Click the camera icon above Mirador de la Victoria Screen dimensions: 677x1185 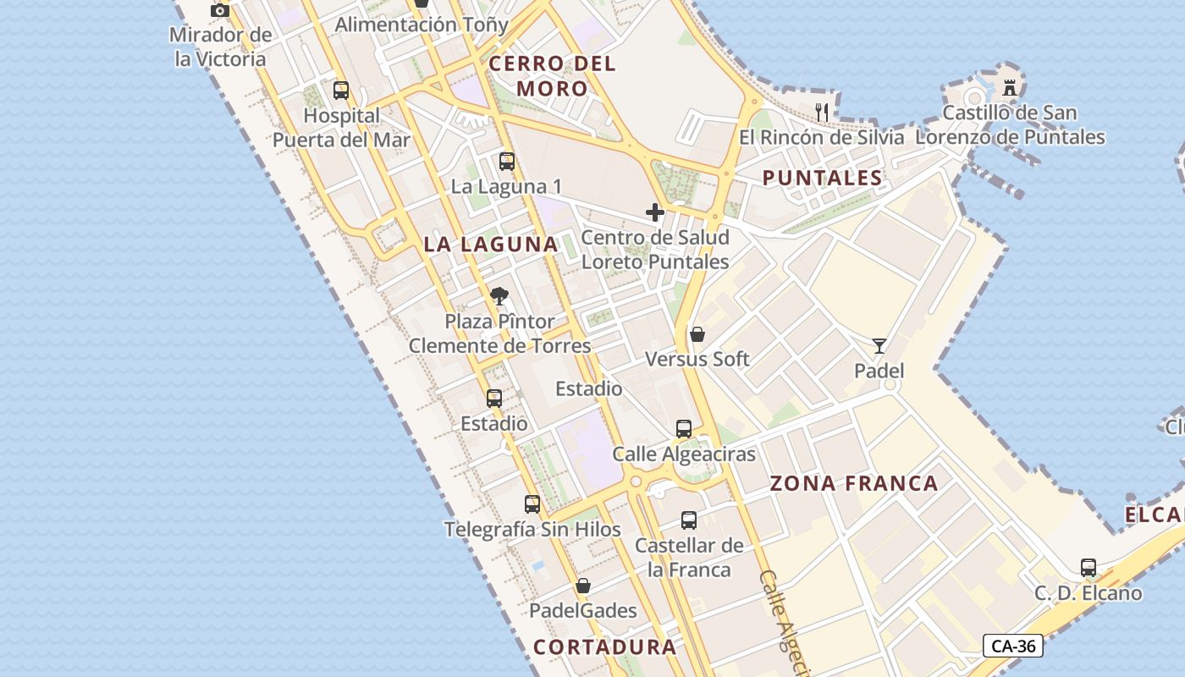[220, 10]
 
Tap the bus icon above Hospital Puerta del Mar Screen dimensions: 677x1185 [341, 91]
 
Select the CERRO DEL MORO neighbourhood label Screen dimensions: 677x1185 [552, 75]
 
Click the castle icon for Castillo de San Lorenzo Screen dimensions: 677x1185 [1009, 87]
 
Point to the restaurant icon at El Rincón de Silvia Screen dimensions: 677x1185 [821, 111]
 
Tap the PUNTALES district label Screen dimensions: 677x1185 [822, 178]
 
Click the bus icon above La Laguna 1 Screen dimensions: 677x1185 [507, 162]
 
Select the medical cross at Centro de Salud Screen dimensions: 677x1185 [655, 212]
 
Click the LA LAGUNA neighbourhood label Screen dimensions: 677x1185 [491, 245]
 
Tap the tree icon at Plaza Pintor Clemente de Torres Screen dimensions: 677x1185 [499, 296]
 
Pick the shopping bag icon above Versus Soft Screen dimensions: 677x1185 [697, 334]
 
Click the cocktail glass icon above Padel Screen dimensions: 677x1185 [879, 346]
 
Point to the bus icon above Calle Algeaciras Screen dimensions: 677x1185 [684, 429]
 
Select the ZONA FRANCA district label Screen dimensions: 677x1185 [854, 483]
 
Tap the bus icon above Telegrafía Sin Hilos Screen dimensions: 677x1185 [532, 504]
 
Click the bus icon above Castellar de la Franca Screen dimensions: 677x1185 [689, 520]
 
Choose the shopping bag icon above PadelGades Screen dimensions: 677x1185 [583, 586]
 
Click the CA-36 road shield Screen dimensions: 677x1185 [1013, 646]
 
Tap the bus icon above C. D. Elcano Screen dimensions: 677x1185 [1089, 568]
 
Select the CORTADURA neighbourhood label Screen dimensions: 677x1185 [605, 647]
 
